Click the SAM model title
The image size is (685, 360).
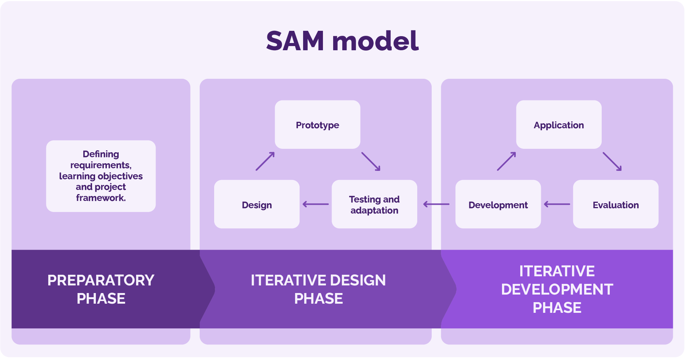342,41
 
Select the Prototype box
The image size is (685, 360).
318,125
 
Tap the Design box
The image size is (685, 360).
257,205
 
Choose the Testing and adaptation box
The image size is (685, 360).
374,205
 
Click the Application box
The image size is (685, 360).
559,125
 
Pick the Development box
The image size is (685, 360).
498,205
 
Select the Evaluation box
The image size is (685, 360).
615,205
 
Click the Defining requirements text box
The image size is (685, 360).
101,176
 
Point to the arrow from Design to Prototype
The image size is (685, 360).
265,161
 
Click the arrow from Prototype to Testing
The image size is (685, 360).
370,161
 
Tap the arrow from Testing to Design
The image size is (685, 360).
316,204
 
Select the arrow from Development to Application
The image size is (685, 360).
506,161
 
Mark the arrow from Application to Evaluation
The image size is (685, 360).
612,161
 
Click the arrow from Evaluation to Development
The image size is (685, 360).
557,204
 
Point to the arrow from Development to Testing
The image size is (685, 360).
436,204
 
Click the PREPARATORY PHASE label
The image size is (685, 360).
101,289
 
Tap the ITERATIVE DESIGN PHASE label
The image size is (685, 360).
318,289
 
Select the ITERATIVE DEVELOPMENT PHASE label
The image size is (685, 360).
557,289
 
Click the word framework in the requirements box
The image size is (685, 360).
101,198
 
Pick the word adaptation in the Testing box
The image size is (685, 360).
374,210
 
